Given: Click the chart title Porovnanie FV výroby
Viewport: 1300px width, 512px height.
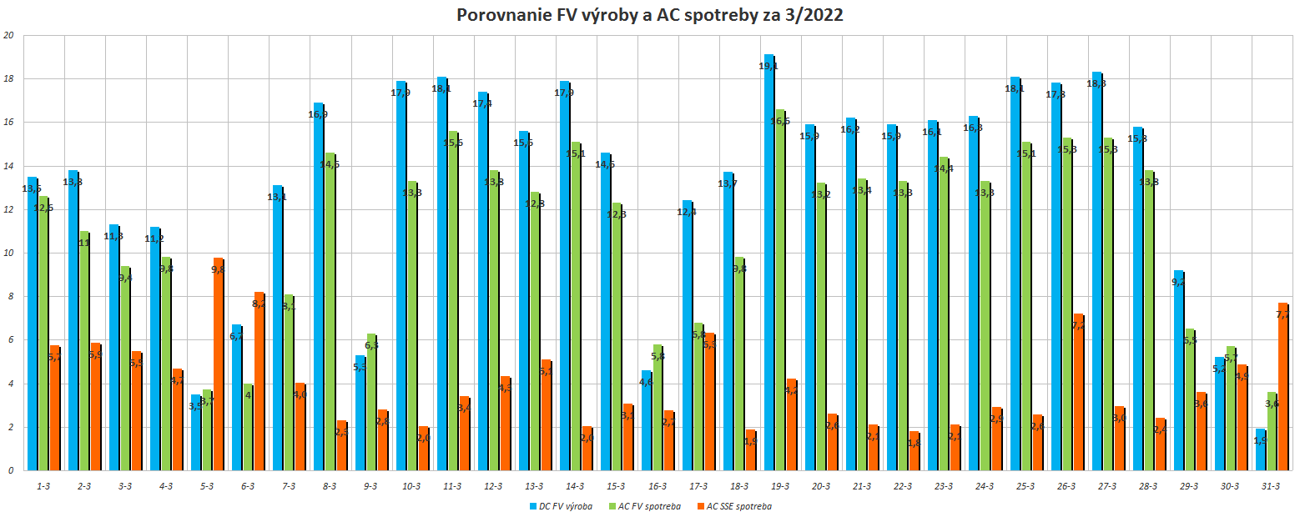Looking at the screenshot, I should [649, 16].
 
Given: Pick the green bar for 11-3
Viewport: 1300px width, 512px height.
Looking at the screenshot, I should [453, 301].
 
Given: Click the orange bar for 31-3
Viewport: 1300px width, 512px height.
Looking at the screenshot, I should [1282, 387].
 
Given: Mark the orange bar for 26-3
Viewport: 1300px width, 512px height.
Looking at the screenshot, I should [1078, 392].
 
